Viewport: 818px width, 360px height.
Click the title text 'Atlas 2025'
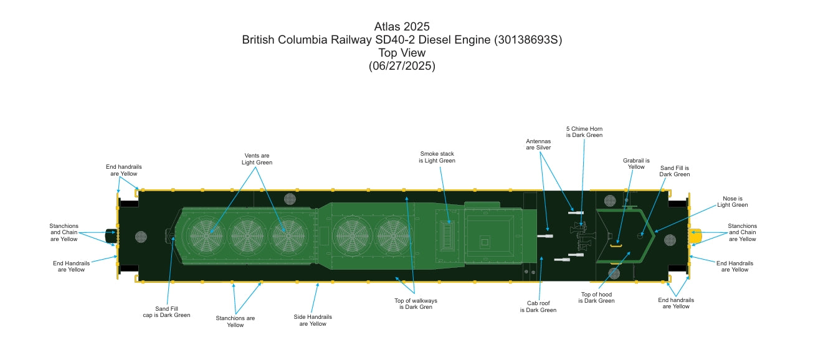402,27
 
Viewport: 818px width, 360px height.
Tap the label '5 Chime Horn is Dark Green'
584,131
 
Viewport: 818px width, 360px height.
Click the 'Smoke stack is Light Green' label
437,157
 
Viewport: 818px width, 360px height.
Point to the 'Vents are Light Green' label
257,159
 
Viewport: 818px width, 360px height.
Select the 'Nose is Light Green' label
732,201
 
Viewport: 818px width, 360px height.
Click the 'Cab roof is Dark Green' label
538,306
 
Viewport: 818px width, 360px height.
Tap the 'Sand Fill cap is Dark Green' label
166,311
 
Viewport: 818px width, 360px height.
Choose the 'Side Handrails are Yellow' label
312,320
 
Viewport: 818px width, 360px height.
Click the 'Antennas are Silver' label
538,144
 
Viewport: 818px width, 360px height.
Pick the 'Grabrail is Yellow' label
636,163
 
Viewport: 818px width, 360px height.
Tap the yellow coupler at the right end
695,236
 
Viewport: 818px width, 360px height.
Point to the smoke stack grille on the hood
447,236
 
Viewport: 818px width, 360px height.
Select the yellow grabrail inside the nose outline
616,245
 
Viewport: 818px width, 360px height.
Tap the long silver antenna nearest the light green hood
545,236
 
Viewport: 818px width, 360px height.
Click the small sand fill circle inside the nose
640,235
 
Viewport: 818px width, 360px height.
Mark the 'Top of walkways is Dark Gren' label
416,303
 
